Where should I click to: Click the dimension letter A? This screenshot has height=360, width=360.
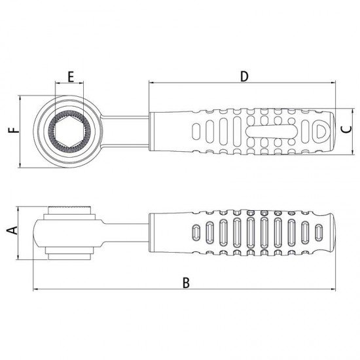(12, 230)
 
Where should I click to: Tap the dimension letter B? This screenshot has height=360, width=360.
(186, 283)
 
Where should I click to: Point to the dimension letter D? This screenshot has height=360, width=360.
(244, 77)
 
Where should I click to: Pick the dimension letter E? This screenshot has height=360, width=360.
(71, 77)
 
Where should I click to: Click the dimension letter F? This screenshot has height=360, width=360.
(14, 130)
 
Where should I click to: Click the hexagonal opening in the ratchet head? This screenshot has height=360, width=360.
(69, 132)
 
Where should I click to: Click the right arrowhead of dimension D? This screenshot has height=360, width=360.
(333, 82)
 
